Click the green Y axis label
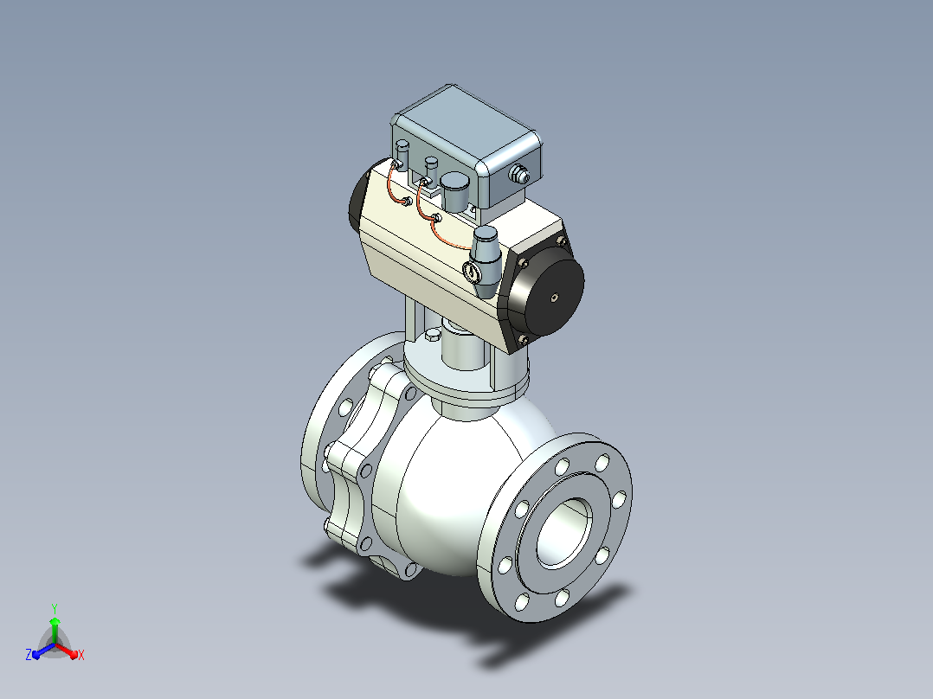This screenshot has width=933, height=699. [x=55, y=608]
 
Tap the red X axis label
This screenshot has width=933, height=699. [x=81, y=655]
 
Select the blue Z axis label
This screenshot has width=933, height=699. [x=29, y=654]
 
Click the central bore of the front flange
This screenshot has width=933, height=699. [x=564, y=532]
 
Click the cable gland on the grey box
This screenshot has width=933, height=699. [x=519, y=174]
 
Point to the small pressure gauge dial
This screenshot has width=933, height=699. [x=473, y=273]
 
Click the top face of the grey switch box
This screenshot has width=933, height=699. [x=465, y=124]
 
